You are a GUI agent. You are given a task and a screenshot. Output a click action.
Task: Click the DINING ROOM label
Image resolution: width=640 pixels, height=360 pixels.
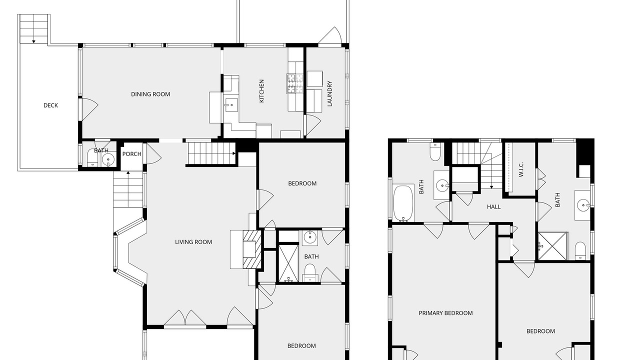(x=150, y=94)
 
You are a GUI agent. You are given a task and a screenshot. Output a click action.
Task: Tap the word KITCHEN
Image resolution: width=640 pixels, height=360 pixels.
(x=261, y=91)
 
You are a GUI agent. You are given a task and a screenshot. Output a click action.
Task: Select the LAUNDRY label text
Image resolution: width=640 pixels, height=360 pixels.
(x=329, y=93)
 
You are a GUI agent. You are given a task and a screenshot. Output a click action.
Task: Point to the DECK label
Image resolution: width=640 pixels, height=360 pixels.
(x=50, y=105)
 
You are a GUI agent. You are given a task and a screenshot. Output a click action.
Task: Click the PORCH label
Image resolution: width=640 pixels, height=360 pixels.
(x=131, y=154)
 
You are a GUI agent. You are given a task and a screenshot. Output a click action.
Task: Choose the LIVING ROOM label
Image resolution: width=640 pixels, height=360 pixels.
(x=193, y=242)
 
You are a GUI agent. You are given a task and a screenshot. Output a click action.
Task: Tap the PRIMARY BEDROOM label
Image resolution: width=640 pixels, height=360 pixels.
(x=445, y=313)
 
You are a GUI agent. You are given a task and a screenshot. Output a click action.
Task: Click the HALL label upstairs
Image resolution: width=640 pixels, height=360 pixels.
(x=493, y=207)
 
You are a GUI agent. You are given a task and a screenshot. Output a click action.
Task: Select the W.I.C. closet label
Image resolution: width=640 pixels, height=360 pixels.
(x=521, y=169)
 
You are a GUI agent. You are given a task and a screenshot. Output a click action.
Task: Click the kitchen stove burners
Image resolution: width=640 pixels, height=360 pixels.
(x=295, y=83)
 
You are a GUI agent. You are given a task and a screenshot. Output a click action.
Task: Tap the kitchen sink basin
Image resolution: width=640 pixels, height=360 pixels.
(x=231, y=105)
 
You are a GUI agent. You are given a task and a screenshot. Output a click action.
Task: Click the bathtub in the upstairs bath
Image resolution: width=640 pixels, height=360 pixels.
(x=403, y=203)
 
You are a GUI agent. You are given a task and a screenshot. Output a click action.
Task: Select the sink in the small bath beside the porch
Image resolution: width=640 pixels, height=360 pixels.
(x=108, y=159)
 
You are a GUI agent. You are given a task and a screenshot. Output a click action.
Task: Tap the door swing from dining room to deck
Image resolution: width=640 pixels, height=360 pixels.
(x=88, y=108)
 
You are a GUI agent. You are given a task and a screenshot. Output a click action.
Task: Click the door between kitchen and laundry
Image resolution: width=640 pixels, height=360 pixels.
(x=313, y=125)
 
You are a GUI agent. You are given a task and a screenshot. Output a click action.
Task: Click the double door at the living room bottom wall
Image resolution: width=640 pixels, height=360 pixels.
(x=185, y=317)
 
